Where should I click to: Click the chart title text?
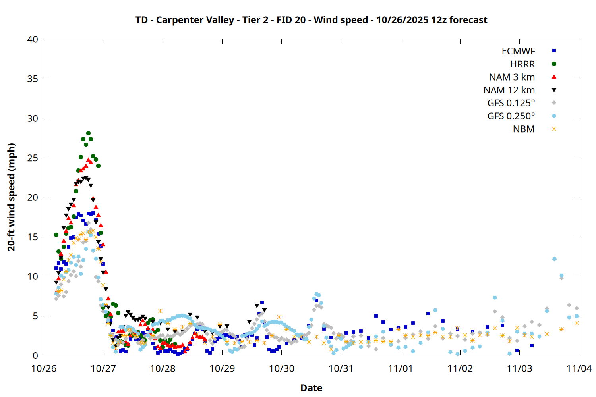[311, 20]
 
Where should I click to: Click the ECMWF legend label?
[518, 51]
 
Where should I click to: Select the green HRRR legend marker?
[554, 64]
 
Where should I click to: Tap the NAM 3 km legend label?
[512, 77]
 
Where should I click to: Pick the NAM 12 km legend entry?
[509, 90]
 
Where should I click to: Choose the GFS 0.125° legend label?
[511, 103]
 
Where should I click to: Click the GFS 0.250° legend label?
[511, 116]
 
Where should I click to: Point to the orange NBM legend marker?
[554, 129]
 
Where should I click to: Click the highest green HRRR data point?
[88, 133]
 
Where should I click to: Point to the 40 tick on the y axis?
[33, 39]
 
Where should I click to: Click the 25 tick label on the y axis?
[33, 158]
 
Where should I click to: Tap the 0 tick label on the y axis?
[36, 355]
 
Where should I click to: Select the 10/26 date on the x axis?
[44, 368]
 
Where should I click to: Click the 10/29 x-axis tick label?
[222, 368]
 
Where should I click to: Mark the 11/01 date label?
[401, 368]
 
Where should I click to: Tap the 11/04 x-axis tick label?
[579, 368]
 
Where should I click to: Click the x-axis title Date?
[311, 388]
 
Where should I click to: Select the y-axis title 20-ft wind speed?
[12, 197]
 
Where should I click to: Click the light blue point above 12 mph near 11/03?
[554, 259]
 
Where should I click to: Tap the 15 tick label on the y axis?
[33, 237]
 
